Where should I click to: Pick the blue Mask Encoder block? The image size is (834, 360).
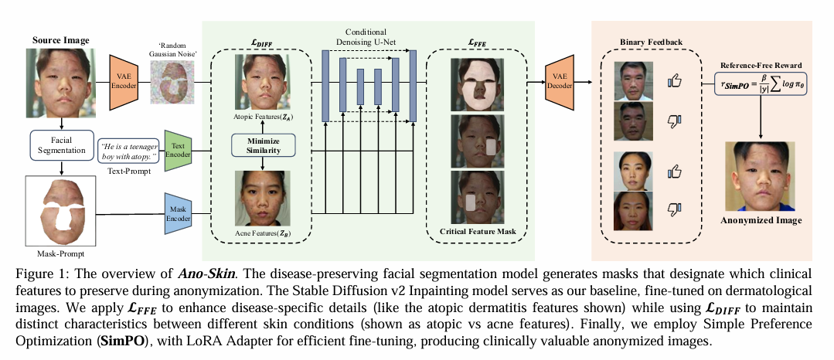(178, 209)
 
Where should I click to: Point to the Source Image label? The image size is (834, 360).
(61, 40)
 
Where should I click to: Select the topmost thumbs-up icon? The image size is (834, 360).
(673, 79)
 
